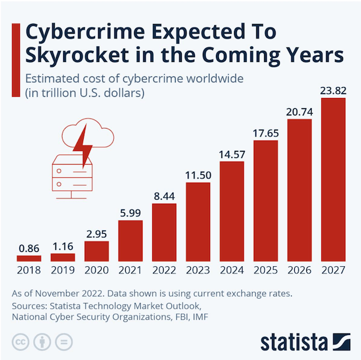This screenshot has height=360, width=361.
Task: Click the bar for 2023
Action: [x=198, y=222]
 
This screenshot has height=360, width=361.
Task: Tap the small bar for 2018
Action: [x=29, y=258]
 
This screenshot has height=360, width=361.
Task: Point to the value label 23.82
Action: [x=333, y=90]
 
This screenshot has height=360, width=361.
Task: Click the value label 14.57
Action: [x=232, y=154]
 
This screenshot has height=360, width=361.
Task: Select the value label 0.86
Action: [x=29, y=247]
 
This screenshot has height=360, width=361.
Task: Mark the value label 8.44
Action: [x=164, y=195]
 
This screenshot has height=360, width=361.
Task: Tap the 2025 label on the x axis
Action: [x=265, y=270]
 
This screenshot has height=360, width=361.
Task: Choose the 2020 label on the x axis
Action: [x=97, y=270]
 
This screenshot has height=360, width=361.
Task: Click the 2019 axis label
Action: [x=63, y=270]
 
